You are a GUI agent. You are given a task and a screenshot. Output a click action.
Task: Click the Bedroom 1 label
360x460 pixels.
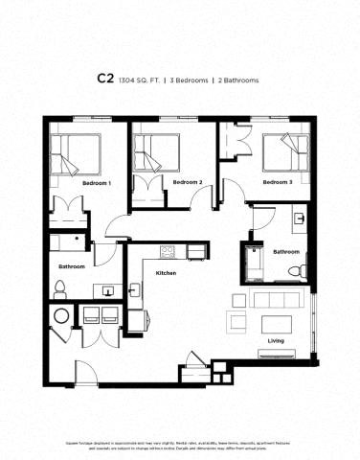(97, 183)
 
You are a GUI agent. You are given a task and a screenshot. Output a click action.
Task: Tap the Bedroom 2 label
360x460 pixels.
(188, 182)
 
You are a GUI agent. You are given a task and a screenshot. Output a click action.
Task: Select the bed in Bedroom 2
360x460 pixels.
(158, 150)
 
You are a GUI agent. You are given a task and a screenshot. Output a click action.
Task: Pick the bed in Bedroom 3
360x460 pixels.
(285, 149)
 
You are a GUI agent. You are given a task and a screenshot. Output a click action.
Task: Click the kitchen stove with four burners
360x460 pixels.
(168, 252)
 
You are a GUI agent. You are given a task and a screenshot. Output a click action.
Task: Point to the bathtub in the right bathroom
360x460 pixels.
(257, 261)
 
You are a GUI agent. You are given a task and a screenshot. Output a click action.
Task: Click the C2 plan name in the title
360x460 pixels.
(104, 80)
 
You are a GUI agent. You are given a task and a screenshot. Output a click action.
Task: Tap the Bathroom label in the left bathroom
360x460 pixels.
(72, 266)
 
